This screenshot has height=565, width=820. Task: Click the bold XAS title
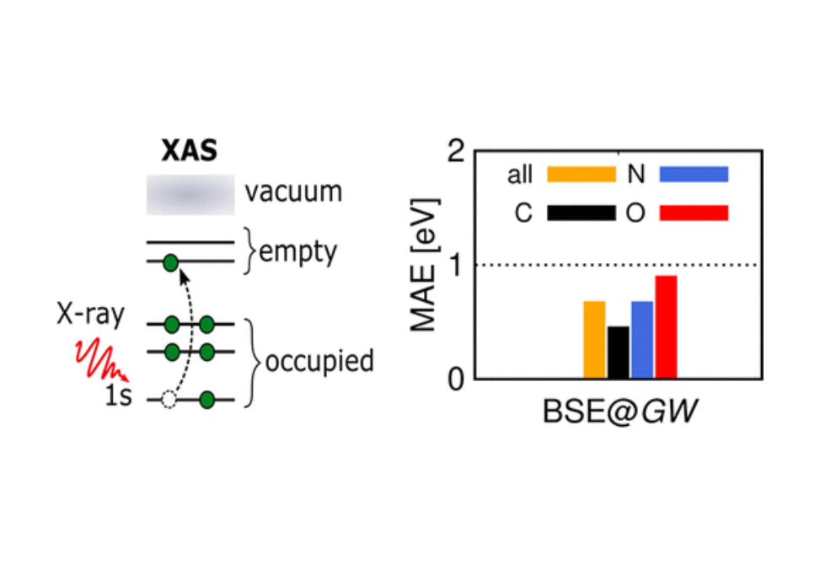pos(190,151)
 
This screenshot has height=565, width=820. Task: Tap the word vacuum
pos(293,192)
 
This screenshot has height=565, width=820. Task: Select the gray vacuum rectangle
pos(190,195)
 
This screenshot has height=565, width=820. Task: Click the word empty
pos(298,253)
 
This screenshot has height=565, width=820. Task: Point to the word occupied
pos(319,362)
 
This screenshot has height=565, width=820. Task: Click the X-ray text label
pos(90,315)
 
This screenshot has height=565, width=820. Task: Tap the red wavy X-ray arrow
pos(102,359)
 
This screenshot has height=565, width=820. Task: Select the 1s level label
pos(118,396)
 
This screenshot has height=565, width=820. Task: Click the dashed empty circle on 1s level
pos(169,400)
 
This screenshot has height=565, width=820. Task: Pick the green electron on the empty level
pos(170,262)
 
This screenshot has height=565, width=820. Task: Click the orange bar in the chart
pos(594,340)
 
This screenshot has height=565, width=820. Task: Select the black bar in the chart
pos(618,352)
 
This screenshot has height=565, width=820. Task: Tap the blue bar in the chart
pos(642,340)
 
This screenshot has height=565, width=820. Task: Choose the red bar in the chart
pos(667,327)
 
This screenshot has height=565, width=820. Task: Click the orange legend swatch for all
pos(582,175)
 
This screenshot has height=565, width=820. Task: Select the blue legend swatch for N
pos(694,175)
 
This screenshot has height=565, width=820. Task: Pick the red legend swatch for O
pos(694,213)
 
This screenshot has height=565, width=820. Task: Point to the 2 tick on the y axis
pos(456,151)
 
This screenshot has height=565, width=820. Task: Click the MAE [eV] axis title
pos(425,265)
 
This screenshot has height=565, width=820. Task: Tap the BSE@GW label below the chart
pos(619,412)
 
